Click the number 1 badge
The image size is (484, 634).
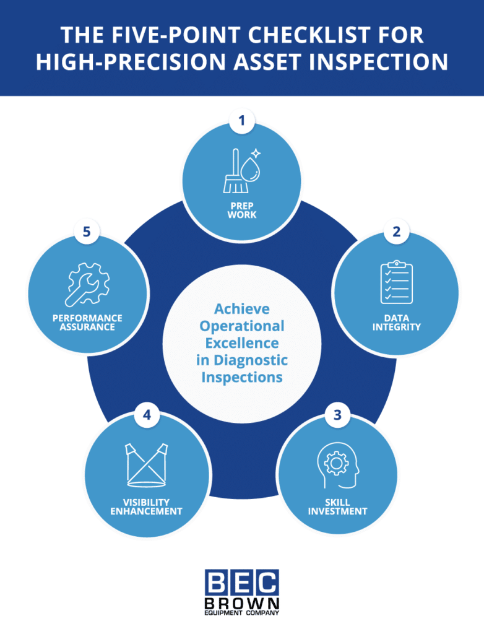tap(242, 121)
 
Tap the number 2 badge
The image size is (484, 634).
tap(397, 232)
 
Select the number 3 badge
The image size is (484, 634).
tap(337, 415)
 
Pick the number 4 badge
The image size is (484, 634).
tap(147, 415)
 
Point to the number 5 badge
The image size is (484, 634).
tap(87, 232)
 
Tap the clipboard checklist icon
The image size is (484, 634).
tap(396, 282)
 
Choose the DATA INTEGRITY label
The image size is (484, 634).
tap(397, 322)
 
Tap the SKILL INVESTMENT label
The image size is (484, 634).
tap(337, 506)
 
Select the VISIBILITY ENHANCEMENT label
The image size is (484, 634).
tap(147, 506)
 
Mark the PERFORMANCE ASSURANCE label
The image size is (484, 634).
tap(87, 322)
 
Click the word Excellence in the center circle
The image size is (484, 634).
tap(242, 342)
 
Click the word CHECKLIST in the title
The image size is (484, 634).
tap(313, 35)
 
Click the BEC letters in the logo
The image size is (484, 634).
tap(242, 583)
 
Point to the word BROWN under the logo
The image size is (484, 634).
tap(242, 603)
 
